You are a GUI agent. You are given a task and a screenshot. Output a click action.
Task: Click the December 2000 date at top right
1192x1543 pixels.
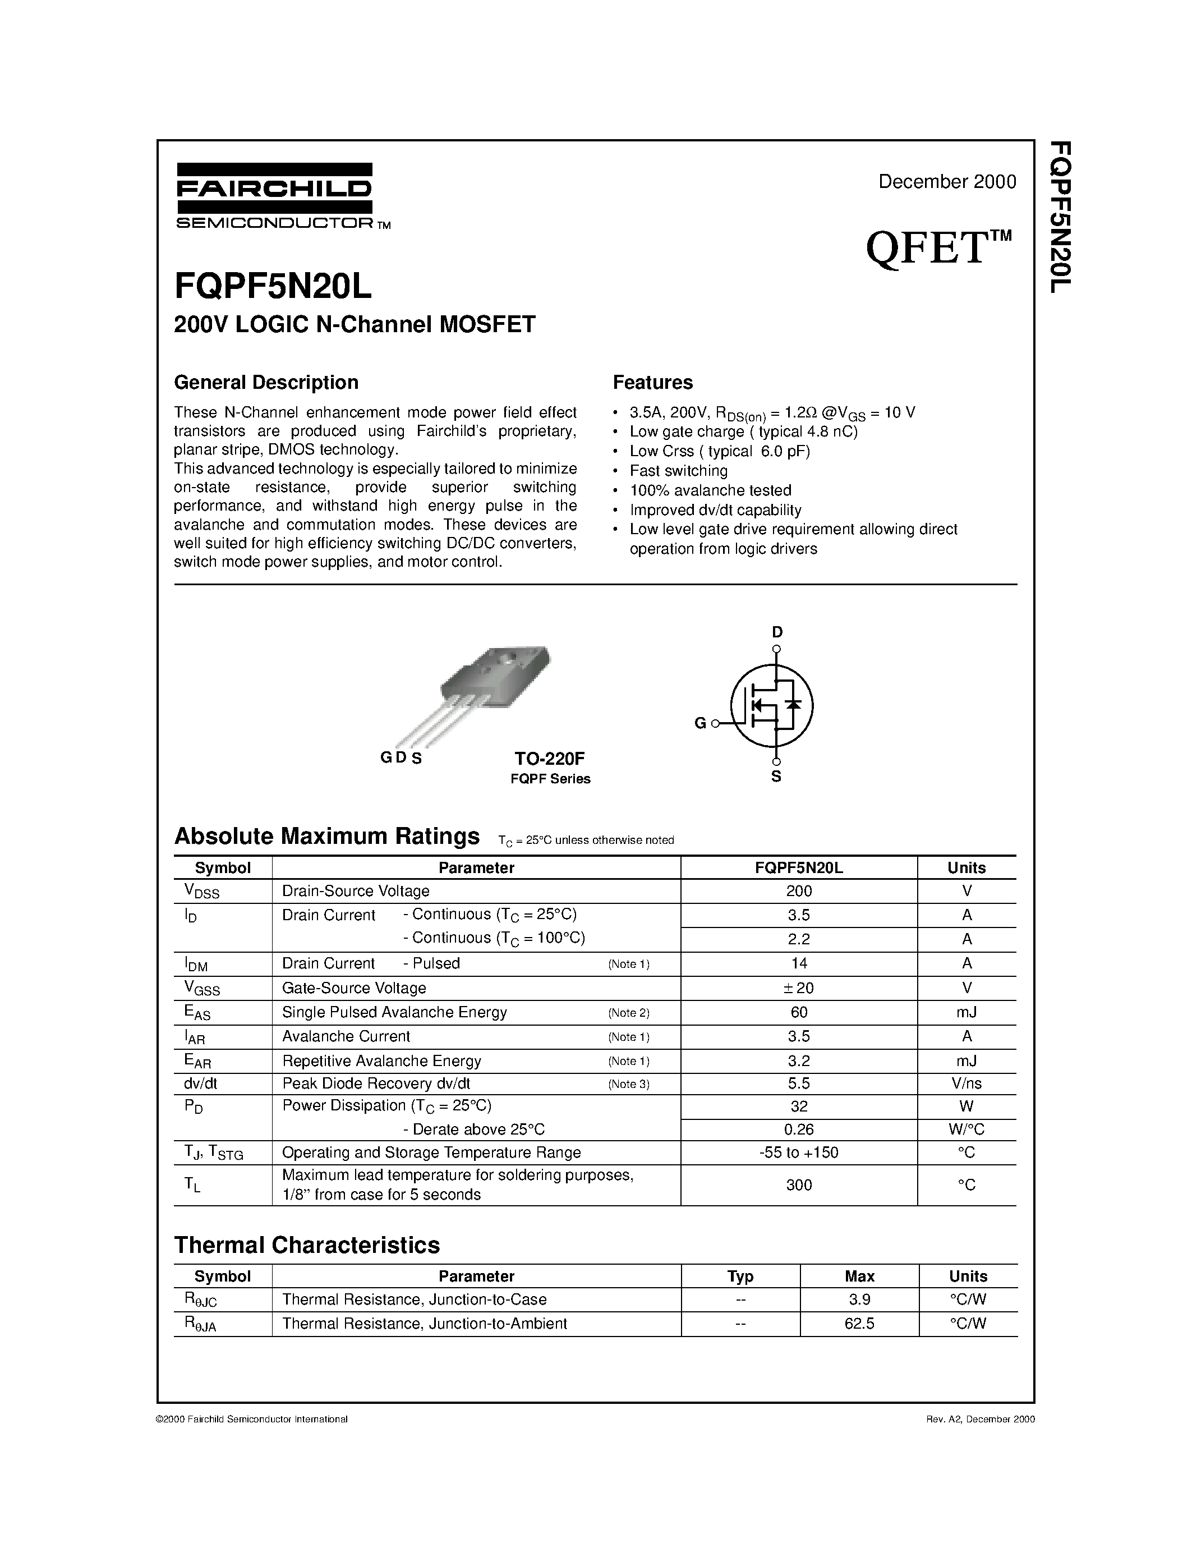pyautogui.click(x=946, y=182)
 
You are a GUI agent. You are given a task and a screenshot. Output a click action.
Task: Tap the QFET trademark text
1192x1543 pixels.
pyautogui.click(x=938, y=249)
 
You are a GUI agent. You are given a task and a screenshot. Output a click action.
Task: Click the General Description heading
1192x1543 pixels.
pyautogui.click(x=266, y=382)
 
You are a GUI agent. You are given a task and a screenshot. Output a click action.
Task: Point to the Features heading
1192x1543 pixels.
pyautogui.click(x=652, y=382)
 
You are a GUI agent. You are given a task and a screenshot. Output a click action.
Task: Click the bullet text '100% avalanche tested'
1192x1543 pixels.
pyautogui.click(x=710, y=490)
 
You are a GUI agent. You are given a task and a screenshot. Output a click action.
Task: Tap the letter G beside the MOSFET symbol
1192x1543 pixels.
pyautogui.click(x=700, y=723)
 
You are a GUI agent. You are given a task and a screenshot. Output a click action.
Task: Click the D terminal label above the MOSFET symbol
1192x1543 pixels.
pyautogui.click(x=777, y=632)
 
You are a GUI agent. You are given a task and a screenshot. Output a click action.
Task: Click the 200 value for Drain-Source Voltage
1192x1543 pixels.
pyautogui.click(x=799, y=892)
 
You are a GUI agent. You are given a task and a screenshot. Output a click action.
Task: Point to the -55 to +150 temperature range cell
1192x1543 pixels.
pyautogui.click(x=799, y=1152)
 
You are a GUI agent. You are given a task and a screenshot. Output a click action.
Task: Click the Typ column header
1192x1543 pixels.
pyautogui.click(x=740, y=1276)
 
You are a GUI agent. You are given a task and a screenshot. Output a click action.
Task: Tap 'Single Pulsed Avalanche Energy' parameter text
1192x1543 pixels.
pyautogui.click(x=394, y=1012)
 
